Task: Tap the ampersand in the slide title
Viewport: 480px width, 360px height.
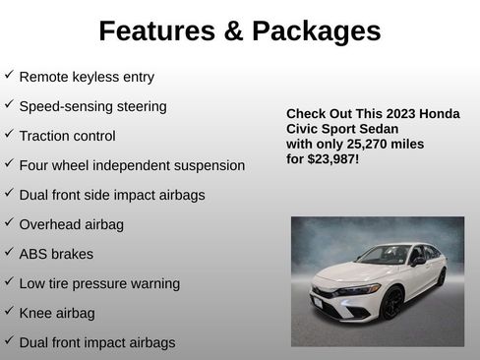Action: (233, 31)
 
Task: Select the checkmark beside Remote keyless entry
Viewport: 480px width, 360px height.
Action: (9, 75)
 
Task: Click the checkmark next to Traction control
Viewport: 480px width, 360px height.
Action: (9, 135)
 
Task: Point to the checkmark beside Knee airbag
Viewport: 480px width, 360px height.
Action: (9, 312)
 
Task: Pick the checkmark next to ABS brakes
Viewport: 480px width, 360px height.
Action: (9, 253)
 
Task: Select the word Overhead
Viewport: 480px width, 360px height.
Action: (50, 224)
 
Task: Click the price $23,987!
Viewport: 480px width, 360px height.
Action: (332, 158)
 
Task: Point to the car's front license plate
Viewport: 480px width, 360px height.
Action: (319, 305)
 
